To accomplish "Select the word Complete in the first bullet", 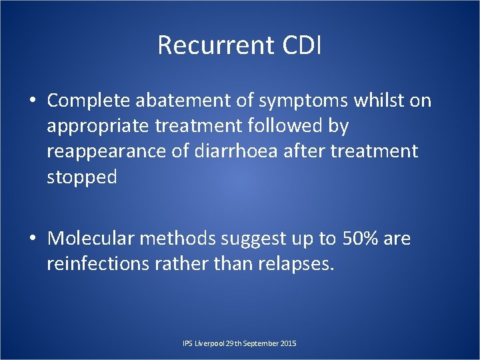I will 89,101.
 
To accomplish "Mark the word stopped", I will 81,177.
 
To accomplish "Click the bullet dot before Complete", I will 32,101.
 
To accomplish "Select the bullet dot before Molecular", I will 32,239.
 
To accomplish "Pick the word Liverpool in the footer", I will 208,343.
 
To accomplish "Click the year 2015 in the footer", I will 288,343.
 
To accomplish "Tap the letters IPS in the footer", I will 187,343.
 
